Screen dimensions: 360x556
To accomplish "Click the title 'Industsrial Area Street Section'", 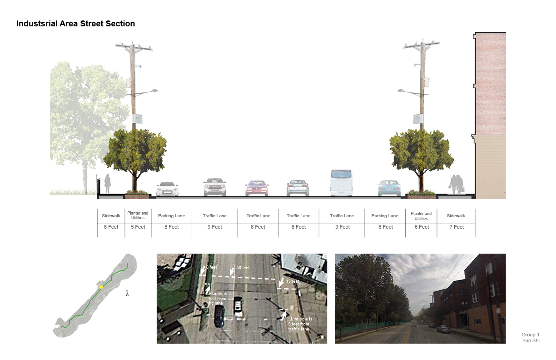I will [x=75, y=24].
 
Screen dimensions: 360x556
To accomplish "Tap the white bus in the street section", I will [x=341, y=182].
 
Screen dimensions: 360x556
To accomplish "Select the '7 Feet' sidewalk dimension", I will [x=456, y=227].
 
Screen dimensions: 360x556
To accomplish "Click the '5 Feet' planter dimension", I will [x=138, y=227].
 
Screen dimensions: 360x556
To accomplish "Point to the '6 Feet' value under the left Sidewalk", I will [x=111, y=227].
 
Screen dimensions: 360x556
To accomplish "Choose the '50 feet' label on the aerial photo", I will [x=243, y=268].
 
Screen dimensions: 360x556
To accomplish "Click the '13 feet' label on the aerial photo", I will [x=293, y=281].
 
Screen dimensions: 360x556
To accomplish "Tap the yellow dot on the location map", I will [x=101, y=287].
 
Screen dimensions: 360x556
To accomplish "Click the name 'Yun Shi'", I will [x=530, y=340].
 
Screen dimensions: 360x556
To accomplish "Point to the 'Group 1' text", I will [x=530, y=335].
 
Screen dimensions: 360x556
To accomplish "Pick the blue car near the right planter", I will [x=389, y=188].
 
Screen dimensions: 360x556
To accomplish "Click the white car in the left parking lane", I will [x=167, y=189].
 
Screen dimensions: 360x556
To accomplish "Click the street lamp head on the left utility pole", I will [x=153, y=91].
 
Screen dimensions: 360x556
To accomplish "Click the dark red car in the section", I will [x=257, y=188].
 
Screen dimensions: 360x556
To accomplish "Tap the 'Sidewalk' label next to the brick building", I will [x=456, y=216].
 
